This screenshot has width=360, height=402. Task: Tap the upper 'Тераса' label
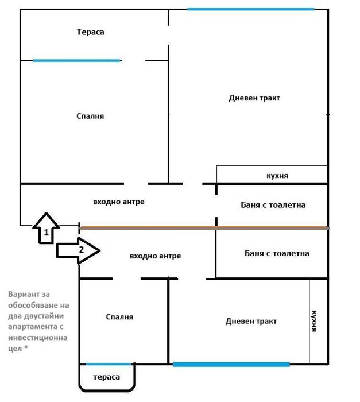90,32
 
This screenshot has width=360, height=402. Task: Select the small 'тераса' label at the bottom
107,377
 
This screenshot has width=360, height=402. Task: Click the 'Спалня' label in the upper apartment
90,116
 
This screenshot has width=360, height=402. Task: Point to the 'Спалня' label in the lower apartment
119,317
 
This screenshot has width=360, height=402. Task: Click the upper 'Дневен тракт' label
254,98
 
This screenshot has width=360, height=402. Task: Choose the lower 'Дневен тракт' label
251,322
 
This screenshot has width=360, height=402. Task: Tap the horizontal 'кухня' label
277,176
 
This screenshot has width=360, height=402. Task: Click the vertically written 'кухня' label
314,322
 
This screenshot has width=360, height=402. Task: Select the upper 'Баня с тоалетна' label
273,205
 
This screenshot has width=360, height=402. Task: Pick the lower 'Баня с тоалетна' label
277,253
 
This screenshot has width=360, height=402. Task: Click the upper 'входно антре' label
118,202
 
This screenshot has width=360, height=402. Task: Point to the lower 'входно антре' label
155,256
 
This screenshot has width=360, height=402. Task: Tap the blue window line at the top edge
250,9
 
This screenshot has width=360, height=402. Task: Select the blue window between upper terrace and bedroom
77,60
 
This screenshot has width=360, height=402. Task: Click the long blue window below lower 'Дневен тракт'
231,364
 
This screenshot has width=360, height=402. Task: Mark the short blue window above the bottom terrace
108,364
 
